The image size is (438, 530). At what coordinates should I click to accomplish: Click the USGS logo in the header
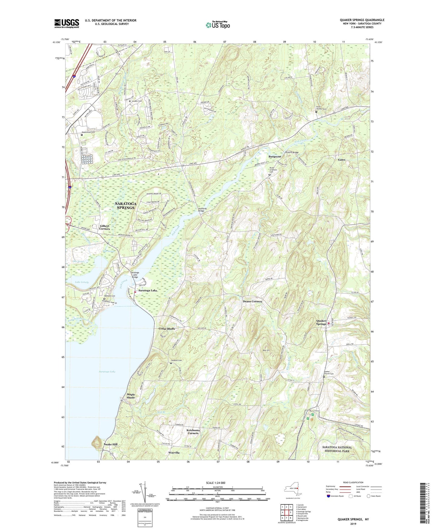67,23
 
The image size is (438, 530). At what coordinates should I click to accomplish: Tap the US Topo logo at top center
217,25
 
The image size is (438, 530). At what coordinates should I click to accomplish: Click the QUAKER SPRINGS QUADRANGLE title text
362,20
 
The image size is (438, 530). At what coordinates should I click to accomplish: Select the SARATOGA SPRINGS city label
125,206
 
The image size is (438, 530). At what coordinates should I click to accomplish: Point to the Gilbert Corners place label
105,227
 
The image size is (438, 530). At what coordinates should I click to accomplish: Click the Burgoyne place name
275,157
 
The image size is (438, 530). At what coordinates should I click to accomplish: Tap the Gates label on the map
341,160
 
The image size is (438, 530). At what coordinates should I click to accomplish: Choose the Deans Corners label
252,301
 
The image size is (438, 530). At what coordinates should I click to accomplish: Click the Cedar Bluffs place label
167,329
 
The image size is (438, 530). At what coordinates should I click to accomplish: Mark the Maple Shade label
131,396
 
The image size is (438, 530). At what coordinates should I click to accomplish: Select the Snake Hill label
110,444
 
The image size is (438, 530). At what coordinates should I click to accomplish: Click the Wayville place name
174,453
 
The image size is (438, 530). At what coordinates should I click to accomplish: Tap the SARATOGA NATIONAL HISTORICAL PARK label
337,449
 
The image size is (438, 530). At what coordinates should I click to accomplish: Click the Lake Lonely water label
82,282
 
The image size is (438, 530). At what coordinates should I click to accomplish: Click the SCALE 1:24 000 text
216,483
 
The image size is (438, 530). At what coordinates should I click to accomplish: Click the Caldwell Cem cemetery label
176,360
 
